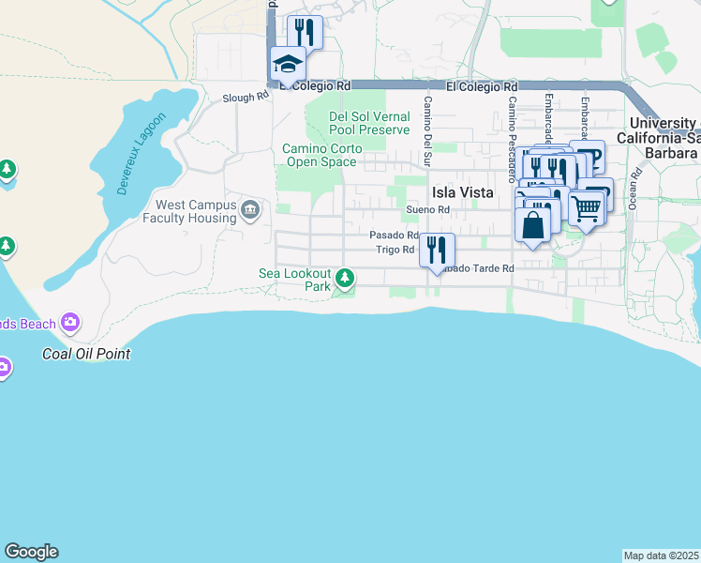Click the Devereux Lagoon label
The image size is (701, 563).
click(142, 154)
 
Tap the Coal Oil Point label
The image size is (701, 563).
click(86, 354)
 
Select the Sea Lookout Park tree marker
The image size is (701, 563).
click(346, 277)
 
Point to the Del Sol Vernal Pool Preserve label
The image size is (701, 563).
click(369, 123)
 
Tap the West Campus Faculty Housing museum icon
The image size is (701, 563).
click(249, 208)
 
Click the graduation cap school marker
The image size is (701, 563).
click(288, 65)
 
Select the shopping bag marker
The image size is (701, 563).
click(532, 226)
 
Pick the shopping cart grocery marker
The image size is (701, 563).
click(586, 207)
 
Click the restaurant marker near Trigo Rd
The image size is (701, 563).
click(436, 251)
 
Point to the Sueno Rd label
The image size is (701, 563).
click(428, 209)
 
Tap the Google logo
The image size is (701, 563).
click(31, 552)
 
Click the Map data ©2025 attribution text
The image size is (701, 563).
click(661, 555)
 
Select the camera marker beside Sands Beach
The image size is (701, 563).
click(70, 324)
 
